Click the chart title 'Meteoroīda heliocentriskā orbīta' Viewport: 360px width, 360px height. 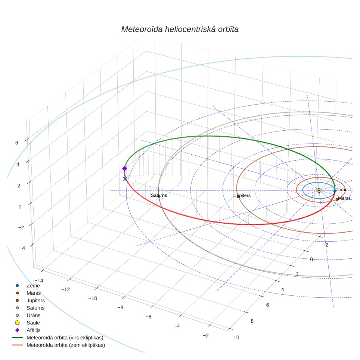(180, 30)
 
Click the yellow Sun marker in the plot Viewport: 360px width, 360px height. (319, 190)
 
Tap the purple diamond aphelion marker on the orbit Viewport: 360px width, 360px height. (124, 169)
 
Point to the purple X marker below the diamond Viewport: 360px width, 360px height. (125, 179)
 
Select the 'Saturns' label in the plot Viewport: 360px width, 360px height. (159, 195)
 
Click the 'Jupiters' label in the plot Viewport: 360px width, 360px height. (242, 196)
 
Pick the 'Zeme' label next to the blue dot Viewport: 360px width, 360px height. (342, 190)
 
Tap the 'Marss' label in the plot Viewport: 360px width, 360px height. (344, 198)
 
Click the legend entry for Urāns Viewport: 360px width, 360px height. (34, 316)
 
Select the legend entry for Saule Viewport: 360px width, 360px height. (33, 323)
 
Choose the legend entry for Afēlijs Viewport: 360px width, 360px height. (34, 330)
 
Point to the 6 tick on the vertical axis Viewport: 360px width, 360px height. (16, 143)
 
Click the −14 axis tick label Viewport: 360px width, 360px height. (38, 280)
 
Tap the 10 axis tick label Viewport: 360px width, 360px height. (236, 338)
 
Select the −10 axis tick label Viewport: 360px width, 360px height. (93, 298)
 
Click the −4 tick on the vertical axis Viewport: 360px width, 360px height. (22, 248)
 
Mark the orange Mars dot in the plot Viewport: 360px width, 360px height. (337, 199)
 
